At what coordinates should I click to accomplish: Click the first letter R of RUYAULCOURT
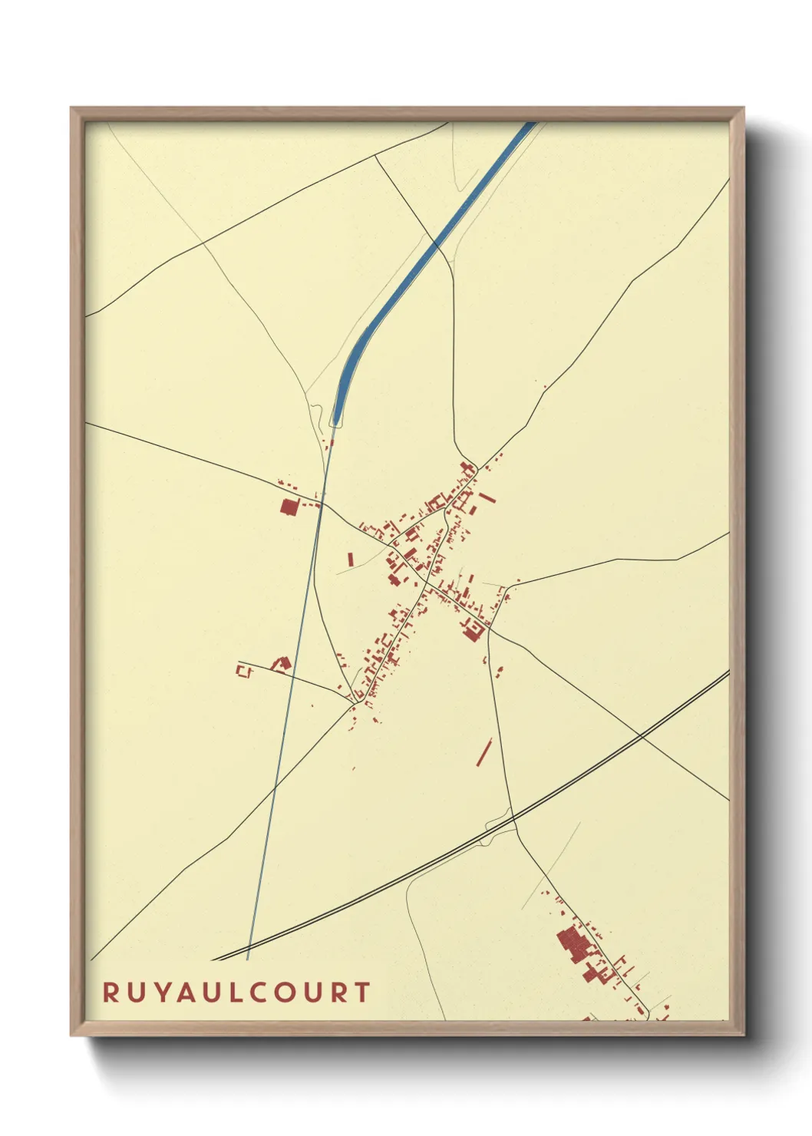click(111, 992)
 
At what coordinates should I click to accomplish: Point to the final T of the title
click(362, 992)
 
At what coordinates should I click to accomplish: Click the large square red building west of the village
click(289, 507)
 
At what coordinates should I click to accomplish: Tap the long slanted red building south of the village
click(484, 752)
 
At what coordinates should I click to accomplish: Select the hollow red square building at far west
click(244, 671)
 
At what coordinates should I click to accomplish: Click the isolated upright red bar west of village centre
click(351, 559)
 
